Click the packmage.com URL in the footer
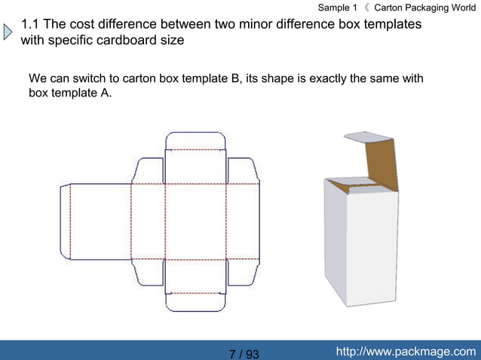click(406, 352)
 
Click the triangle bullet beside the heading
click(8, 32)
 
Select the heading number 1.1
click(31, 24)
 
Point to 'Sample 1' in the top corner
click(337, 8)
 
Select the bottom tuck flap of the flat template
click(195, 303)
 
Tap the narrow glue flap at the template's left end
click(65, 221)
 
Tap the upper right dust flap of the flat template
click(242, 170)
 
